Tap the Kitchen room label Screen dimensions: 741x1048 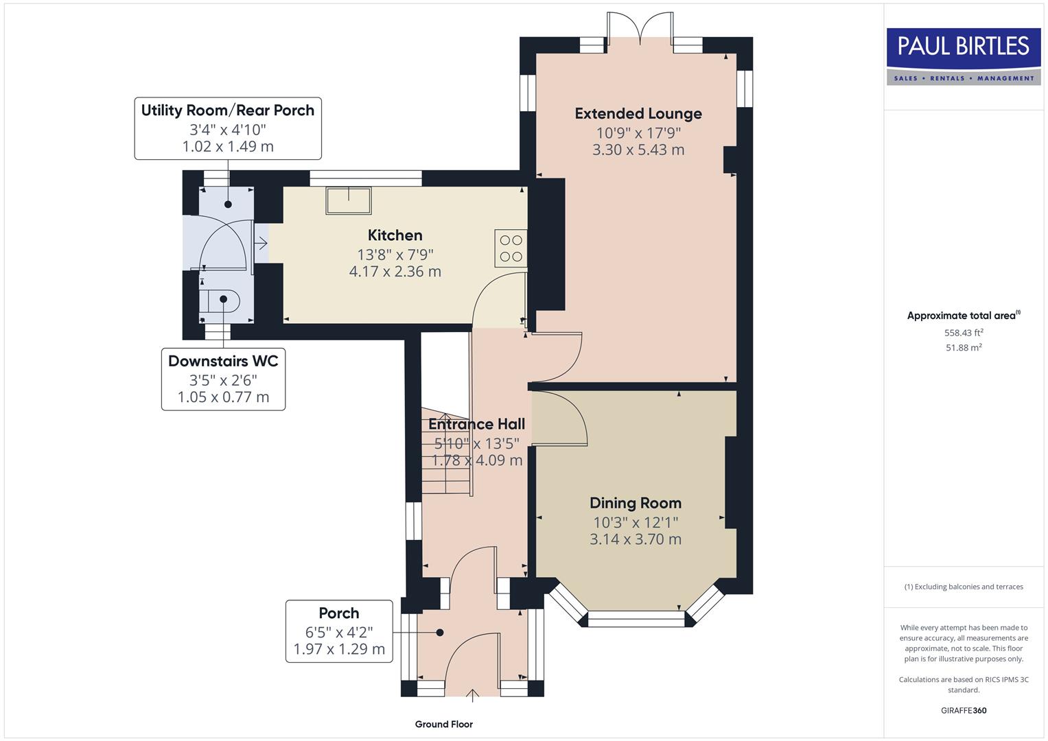point(395,235)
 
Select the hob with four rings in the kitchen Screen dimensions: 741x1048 point(511,248)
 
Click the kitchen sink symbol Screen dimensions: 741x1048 point(349,200)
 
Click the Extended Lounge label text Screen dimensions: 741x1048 point(638,114)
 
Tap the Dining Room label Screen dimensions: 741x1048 point(635,503)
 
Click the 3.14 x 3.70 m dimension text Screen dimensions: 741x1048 point(635,539)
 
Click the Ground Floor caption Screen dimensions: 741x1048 point(443,724)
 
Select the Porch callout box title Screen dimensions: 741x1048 point(338,613)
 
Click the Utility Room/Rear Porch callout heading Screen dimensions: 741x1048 point(227,110)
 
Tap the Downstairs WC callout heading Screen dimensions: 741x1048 point(223,361)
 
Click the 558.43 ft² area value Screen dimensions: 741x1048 point(964,333)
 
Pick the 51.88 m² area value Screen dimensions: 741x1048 point(964,348)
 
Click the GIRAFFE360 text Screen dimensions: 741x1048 point(963,710)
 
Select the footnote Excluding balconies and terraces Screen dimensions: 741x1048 point(964,587)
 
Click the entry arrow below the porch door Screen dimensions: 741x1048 point(472,695)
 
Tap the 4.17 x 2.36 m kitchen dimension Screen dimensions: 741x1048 point(395,272)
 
